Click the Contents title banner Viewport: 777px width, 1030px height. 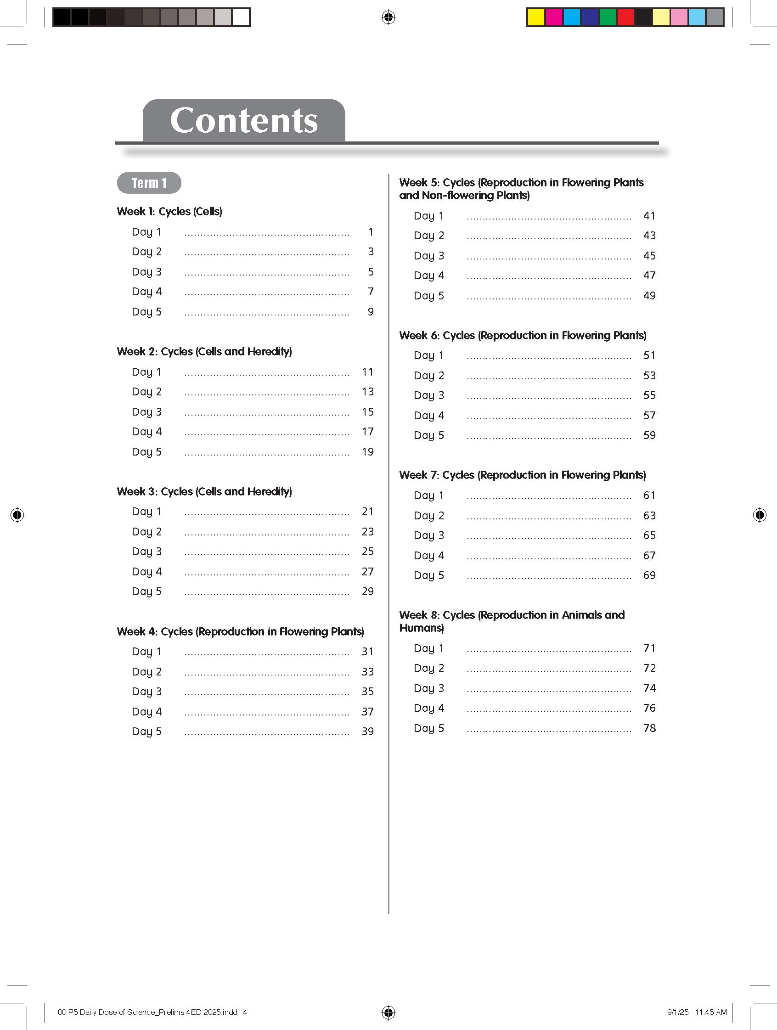click(243, 121)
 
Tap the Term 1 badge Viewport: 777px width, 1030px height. click(149, 183)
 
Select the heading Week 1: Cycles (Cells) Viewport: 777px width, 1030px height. click(169, 211)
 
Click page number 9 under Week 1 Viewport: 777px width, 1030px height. click(371, 311)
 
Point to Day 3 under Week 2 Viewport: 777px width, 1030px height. click(146, 411)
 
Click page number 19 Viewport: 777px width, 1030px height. click(368, 452)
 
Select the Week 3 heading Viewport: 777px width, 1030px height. click(204, 491)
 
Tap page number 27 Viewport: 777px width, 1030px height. click(368, 571)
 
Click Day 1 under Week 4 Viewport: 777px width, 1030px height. click(146, 652)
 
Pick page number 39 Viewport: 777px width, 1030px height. click(368, 732)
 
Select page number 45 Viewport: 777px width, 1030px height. click(649, 256)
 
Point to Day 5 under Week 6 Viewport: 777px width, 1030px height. click(429, 435)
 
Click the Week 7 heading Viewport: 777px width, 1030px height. click(522, 475)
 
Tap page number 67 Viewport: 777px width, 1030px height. click(649, 556)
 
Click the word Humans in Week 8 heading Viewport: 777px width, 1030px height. click(421, 628)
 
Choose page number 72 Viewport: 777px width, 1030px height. click(649, 668)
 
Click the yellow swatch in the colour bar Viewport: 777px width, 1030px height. click(536, 18)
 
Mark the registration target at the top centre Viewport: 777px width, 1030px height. click(388, 18)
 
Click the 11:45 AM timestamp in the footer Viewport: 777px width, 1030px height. click(710, 1012)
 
